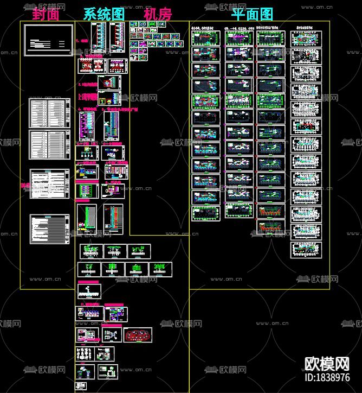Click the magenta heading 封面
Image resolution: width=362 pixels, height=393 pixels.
pyautogui.click(x=46, y=15)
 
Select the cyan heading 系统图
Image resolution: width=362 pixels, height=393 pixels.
pyautogui.click(x=104, y=15)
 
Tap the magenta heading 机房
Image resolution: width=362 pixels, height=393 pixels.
pyautogui.click(x=158, y=15)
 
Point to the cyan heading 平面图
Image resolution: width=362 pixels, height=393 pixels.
pyautogui.click(x=253, y=15)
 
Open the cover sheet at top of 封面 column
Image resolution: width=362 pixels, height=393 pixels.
pyautogui.click(x=48, y=40)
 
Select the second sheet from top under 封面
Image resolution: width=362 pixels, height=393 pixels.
pyautogui.click(x=49, y=113)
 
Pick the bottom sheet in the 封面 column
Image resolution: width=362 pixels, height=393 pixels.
pyautogui.click(x=49, y=229)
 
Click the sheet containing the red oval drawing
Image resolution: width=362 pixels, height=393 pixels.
pyautogui.click(x=138, y=335)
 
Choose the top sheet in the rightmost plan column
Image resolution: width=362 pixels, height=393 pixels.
pyautogui.click(x=306, y=39)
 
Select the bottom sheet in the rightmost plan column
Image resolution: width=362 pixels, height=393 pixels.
pyautogui.click(x=306, y=249)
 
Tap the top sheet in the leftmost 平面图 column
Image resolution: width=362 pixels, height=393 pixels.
pyautogui.click(x=206, y=37)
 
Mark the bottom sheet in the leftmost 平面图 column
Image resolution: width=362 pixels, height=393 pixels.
pyautogui.click(x=206, y=213)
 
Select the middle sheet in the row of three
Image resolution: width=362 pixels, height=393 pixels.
pyautogui.click(x=115, y=251)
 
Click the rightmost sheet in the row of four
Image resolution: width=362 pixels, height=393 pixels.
pyautogui.click(x=160, y=269)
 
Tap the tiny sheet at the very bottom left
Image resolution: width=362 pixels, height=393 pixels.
pyautogui.click(x=85, y=372)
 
